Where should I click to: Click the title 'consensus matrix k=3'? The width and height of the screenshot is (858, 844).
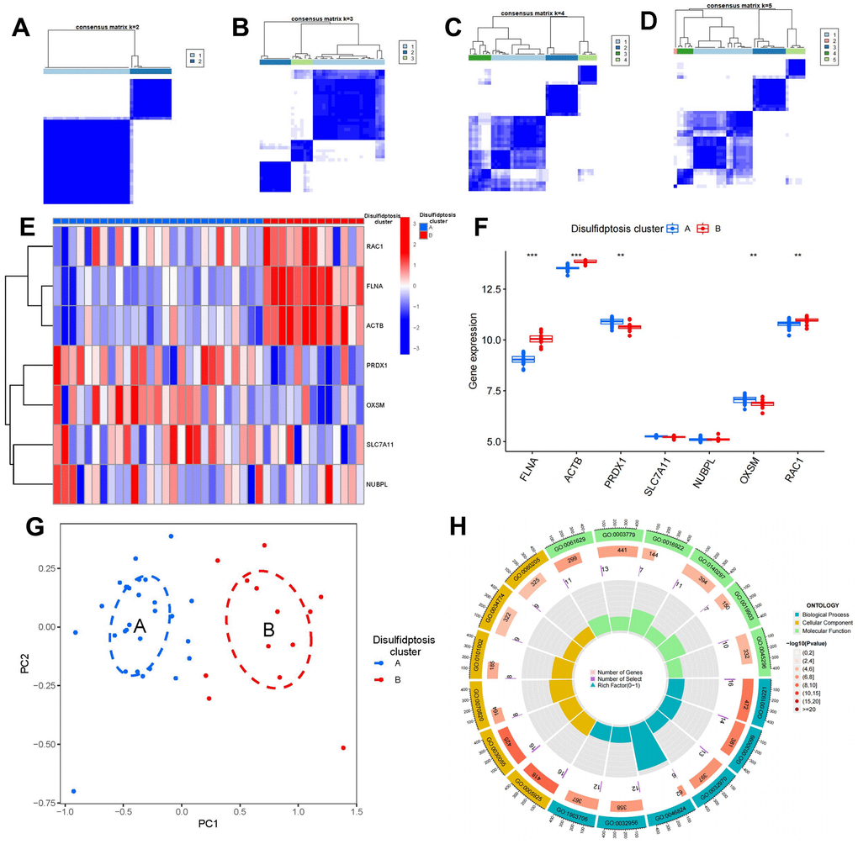tap(323, 18)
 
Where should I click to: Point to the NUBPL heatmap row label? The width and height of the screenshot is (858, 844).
tap(378, 484)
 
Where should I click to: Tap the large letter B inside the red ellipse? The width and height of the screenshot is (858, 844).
tap(268, 628)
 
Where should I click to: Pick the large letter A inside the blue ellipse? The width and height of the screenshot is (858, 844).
tap(140, 628)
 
